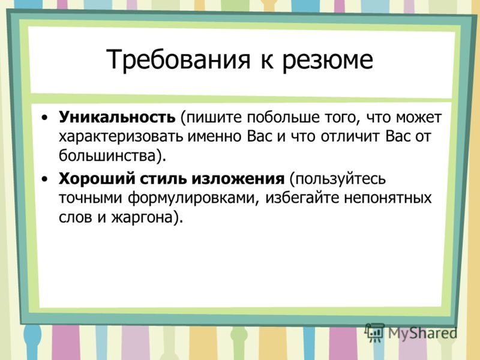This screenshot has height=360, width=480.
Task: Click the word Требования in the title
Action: point(178,59)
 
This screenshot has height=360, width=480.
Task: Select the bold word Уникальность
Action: point(117,117)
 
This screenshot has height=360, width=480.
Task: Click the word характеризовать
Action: point(121,137)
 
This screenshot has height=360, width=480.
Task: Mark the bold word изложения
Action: point(238,179)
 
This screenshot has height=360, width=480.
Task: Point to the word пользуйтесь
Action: point(338,179)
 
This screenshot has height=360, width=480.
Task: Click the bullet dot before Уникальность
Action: point(44,118)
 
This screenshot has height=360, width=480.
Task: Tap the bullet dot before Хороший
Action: point(44,179)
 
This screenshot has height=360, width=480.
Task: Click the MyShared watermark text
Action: point(422,333)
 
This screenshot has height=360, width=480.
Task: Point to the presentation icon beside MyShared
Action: point(374,332)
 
